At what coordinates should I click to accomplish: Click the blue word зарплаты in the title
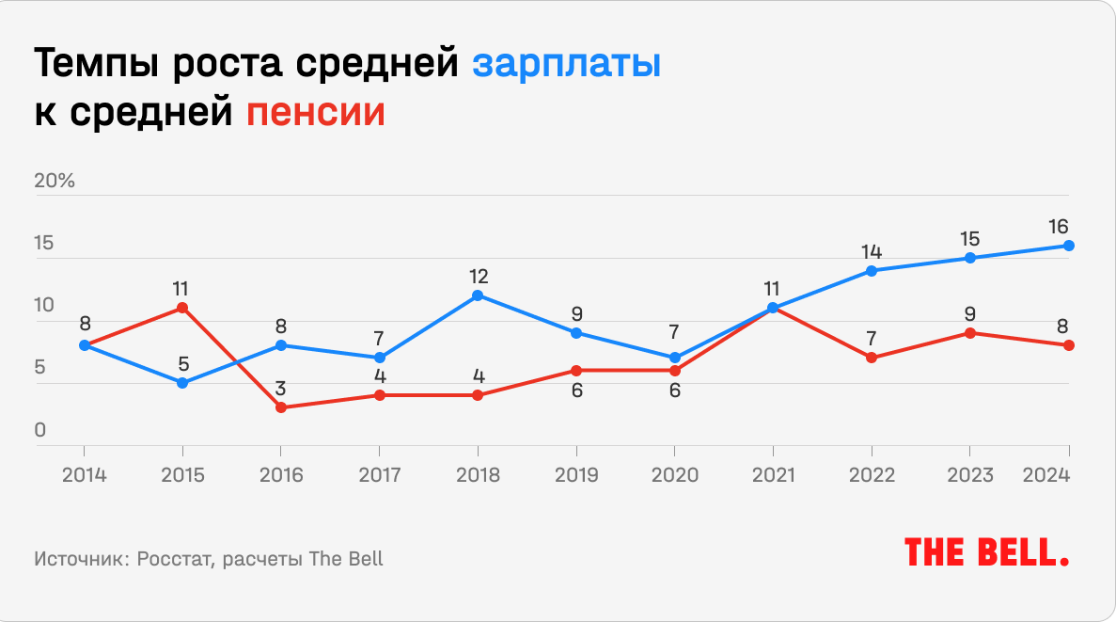(566, 66)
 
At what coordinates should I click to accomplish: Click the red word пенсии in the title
(316, 113)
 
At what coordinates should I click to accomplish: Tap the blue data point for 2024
(1069, 246)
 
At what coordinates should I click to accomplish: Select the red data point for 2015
(182, 308)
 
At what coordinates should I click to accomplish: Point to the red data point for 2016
(280, 407)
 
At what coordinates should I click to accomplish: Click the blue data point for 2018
(478, 295)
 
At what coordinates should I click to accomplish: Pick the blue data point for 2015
(182, 383)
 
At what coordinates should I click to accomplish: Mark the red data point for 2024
(1069, 345)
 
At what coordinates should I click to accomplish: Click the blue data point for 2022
(872, 271)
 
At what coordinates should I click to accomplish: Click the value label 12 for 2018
(478, 277)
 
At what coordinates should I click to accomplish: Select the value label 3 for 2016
(280, 389)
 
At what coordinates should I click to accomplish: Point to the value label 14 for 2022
(872, 252)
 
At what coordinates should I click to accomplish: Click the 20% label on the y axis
(55, 182)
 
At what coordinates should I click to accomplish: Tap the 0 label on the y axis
(40, 431)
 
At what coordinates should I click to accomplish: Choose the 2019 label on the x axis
(576, 474)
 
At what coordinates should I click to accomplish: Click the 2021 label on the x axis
(774, 474)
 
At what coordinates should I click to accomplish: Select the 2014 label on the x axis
(85, 474)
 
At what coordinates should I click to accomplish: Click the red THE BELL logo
(987, 552)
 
